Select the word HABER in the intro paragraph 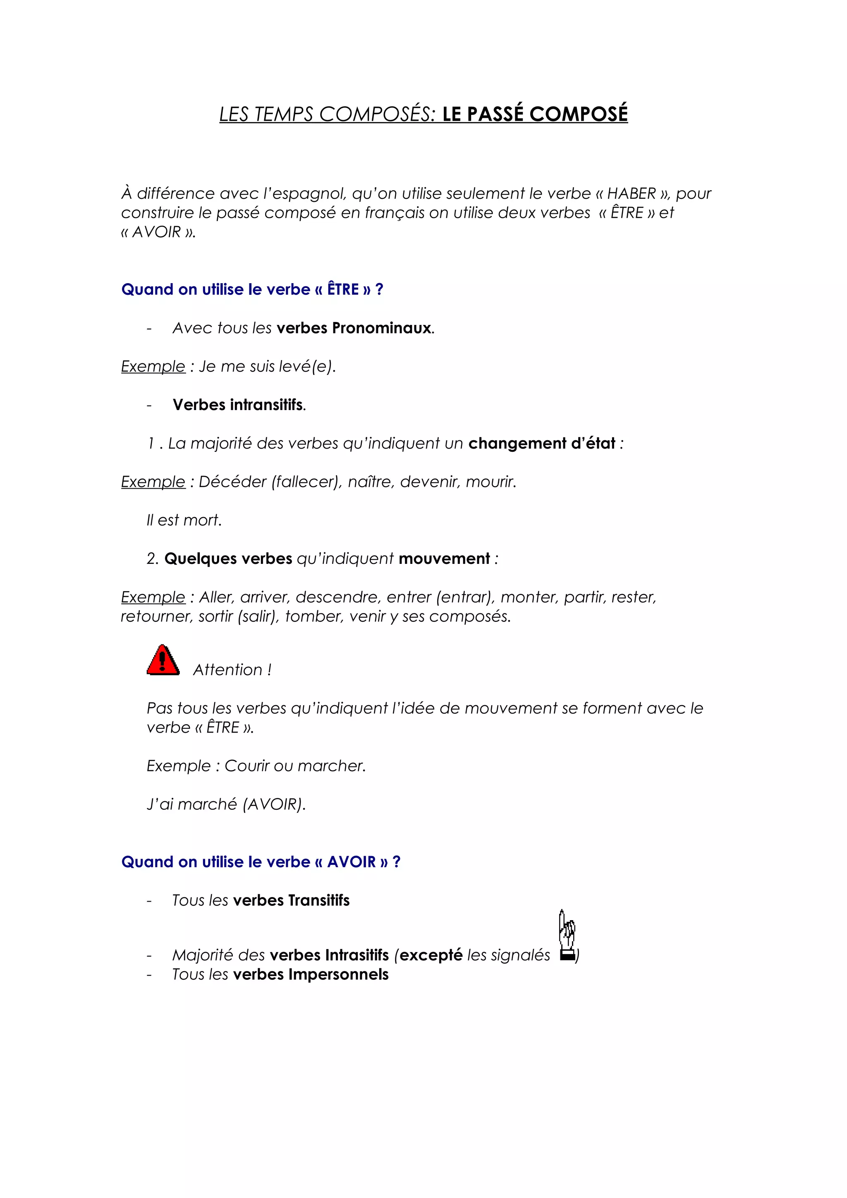pos(632,193)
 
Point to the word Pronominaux pos(381,328)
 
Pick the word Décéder pos(233,482)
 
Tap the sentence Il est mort pos(184,520)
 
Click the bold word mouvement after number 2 pos(444,559)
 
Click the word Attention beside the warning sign pos(228,670)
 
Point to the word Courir pos(247,766)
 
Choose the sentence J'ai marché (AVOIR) pos(226,804)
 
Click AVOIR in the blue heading pos(351,862)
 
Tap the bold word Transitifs pos(319,901)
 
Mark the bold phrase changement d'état pos(542,444)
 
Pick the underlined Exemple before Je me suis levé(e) pos(153,367)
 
